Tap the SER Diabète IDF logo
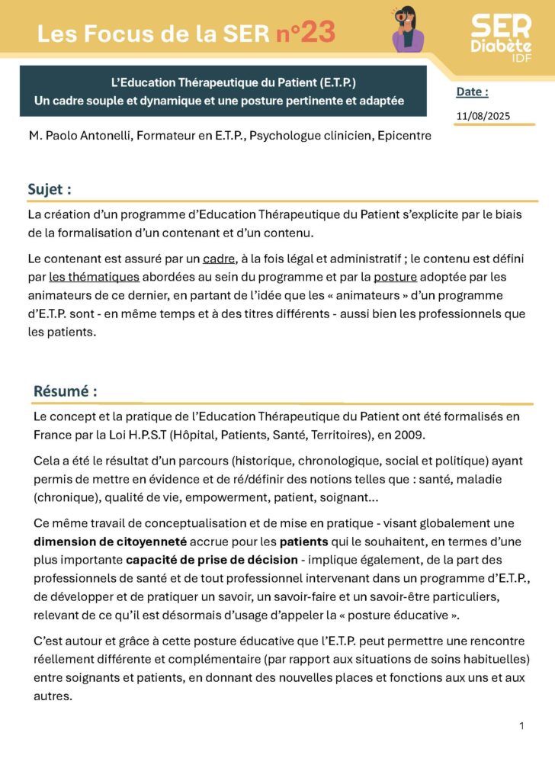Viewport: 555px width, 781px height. (x=501, y=37)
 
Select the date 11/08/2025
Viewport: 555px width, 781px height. (x=483, y=116)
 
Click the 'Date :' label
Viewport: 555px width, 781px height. (x=472, y=92)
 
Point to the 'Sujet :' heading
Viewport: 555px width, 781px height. (x=50, y=190)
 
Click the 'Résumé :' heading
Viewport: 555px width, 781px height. (x=65, y=391)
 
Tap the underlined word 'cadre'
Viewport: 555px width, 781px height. (x=219, y=259)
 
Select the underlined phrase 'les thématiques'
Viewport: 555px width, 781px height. (x=94, y=277)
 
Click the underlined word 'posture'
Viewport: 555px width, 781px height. (x=395, y=277)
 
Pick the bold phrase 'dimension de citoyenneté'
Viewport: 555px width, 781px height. (x=110, y=542)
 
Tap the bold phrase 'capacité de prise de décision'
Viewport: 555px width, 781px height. (x=212, y=560)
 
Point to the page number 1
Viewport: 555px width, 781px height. (x=521, y=725)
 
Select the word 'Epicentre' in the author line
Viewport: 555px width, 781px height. (x=402, y=136)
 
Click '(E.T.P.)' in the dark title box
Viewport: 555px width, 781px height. (x=332, y=82)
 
